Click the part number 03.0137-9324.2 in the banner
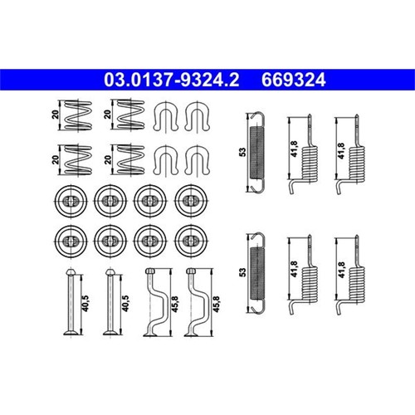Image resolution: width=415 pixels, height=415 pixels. [x=171, y=80]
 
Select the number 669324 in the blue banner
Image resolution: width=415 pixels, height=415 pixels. [x=294, y=80]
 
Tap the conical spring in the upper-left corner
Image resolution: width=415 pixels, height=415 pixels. [x=78, y=115]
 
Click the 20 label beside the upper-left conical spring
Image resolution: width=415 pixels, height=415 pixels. [x=55, y=115]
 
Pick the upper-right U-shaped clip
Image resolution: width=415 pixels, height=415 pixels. [x=198, y=116]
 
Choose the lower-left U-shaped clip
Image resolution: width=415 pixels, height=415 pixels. [x=165, y=160]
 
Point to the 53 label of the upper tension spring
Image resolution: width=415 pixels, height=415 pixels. [x=242, y=152]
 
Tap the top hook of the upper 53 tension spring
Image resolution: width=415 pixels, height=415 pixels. [x=258, y=115]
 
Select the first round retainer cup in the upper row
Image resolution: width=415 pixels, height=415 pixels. [x=71, y=201]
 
